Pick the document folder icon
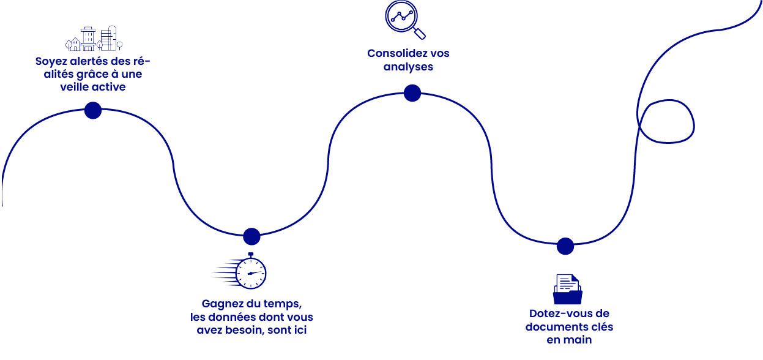point(567,289)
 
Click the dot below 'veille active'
point(93,110)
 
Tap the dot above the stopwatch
point(251,236)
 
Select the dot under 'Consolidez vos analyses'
point(412,93)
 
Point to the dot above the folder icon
point(565,246)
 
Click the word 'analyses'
point(408,67)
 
